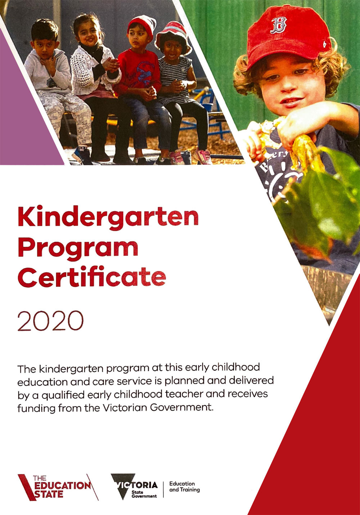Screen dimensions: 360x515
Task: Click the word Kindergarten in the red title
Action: [108, 217]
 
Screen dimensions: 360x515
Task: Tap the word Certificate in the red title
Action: [92, 277]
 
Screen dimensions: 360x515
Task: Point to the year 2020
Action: [50, 321]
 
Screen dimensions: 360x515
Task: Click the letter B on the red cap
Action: [278, 25]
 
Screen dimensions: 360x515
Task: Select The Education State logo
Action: [58, 487]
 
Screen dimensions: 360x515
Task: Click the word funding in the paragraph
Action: [37, 408]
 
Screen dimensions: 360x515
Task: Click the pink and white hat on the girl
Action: [174, 35]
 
